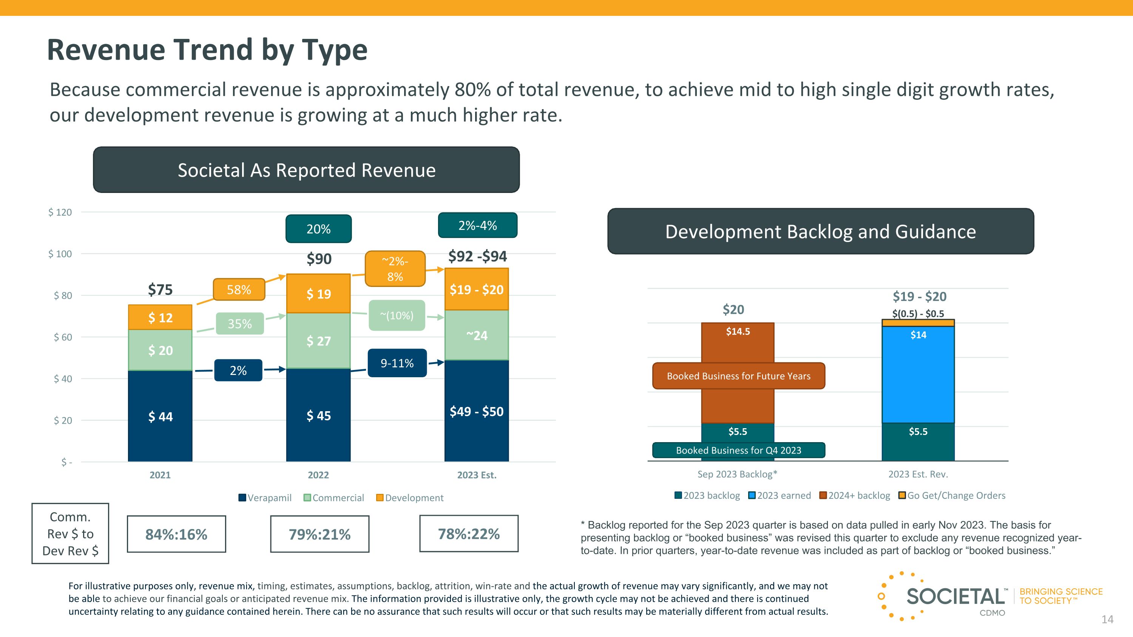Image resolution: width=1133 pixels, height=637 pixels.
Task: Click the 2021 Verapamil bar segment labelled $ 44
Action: click(160, 416)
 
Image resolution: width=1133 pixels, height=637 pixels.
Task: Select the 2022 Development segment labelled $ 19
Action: click(318, 293)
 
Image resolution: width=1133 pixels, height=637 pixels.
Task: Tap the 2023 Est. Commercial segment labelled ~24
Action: click(477, 335)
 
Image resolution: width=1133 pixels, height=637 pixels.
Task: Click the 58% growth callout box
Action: click(239, 289)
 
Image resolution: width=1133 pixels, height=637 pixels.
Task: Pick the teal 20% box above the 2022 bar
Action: click(318, 228)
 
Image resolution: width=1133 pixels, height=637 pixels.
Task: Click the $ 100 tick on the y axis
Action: click(60, 254)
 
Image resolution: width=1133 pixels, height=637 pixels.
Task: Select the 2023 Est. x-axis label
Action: click(477, 475)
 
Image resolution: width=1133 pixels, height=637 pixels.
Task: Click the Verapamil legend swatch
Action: click(242, 498)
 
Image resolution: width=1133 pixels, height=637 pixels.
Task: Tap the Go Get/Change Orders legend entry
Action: click(952, 495)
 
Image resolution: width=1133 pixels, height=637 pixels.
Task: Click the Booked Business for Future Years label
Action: click(738, 376)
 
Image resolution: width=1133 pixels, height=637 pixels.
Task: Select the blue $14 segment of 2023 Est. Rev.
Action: click(918, 374)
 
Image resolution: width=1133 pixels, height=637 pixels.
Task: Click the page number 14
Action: click(1107, 619)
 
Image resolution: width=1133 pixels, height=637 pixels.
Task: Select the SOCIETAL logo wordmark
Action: click(955, 597)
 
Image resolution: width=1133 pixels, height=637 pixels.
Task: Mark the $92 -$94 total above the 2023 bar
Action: click(477, 256)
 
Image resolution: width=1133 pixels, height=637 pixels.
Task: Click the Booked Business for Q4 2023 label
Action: click(738, 450)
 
